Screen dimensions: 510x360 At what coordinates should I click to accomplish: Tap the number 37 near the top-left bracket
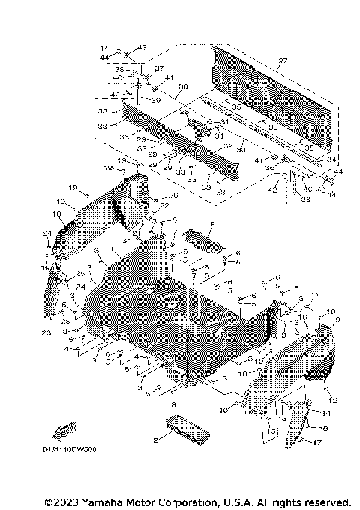[x=158, y=67]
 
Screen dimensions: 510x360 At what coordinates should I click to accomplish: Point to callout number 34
[x=333, y=160]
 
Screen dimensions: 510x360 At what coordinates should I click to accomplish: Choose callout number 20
[x=174, y=195]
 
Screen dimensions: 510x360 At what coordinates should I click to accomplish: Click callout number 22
[x=163, y=205]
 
